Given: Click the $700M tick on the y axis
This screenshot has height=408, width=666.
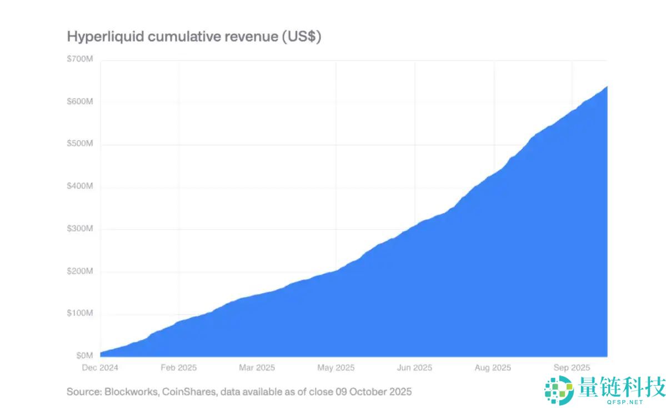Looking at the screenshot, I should [x=79, y=58].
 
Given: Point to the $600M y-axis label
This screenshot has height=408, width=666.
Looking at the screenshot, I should [x=79, y=102].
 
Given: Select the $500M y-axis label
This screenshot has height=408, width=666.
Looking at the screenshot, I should [x=79, y=144].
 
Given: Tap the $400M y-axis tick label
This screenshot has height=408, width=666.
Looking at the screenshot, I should [x=79, y=186].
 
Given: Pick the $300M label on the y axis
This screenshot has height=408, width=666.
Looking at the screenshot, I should [x=79, y=229].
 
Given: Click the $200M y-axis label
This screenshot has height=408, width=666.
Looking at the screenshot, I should [x=79, y=271].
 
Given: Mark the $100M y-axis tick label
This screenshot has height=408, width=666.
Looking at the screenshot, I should [x=79, y=314].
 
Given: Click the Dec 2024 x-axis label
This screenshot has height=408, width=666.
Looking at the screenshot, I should [x=101, y=368].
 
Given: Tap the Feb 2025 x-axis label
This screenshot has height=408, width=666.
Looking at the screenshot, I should [x=179, y=368].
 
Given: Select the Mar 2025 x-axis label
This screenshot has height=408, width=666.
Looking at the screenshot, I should [x=257, y=368].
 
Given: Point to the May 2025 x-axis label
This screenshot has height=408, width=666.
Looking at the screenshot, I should [x=335, y=368].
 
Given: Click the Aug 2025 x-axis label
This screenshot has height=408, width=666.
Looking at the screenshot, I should [x=493, y=368].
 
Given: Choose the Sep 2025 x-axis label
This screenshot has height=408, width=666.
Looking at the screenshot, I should [x=572, y=368].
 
